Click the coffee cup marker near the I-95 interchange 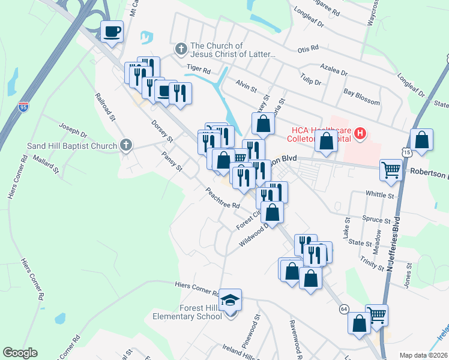click(x=112, y=31)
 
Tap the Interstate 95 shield click(x=23, y=107)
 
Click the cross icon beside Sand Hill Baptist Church click(x=125, y=145)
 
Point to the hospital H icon click(x=360, y=133)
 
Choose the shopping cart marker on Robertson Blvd click(x=390, y=170)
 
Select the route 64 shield click(x=343, y=308)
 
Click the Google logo click(x=20, y=353)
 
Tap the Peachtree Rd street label click(x=223, y=197)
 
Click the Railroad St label click(x=104, y=107)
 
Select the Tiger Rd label click(x=197, y=70)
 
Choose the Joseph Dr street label click(x=73, y=131)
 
